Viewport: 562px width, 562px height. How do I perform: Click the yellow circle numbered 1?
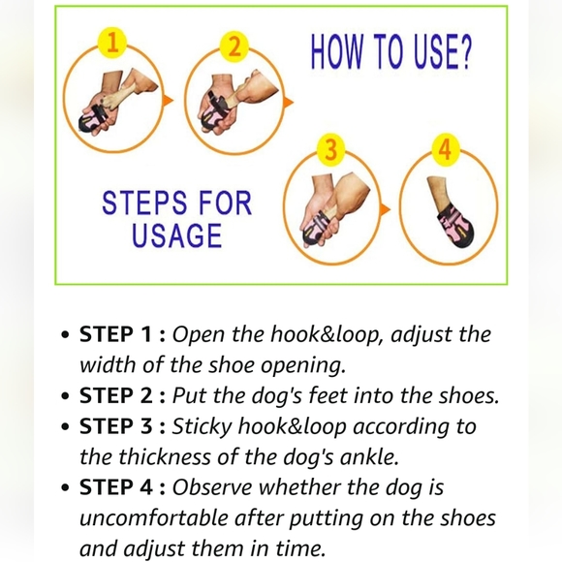(x=112, y=43)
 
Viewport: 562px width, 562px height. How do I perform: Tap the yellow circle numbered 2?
(x=234, y=47)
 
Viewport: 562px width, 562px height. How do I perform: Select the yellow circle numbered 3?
(x=330, y=149)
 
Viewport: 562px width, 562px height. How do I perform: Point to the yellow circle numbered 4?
(x=446, y=149)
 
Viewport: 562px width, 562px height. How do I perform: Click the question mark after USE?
(x=465, y=51)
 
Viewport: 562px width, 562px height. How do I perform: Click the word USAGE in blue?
(x=176, y=235)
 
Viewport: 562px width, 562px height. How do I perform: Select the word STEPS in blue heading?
(x=144, y=203)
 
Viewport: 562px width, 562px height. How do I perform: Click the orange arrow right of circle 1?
(x=168, y=101)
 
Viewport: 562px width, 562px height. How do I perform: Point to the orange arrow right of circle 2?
(x=288, y=102)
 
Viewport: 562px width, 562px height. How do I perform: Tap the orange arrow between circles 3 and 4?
(x=385, y=209)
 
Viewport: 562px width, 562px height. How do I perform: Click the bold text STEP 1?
(x=115, y=334)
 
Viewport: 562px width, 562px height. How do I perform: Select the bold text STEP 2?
(x=116, y=395)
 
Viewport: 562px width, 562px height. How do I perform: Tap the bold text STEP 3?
(x=116, y=426)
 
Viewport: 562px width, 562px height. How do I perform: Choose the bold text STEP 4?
(x=116, y=487)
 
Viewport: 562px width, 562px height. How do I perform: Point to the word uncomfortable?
(x=154, y=518)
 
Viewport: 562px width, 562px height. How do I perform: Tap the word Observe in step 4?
(x=212, y=487)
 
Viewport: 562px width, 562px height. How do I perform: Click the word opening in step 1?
(x=303, y=366)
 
